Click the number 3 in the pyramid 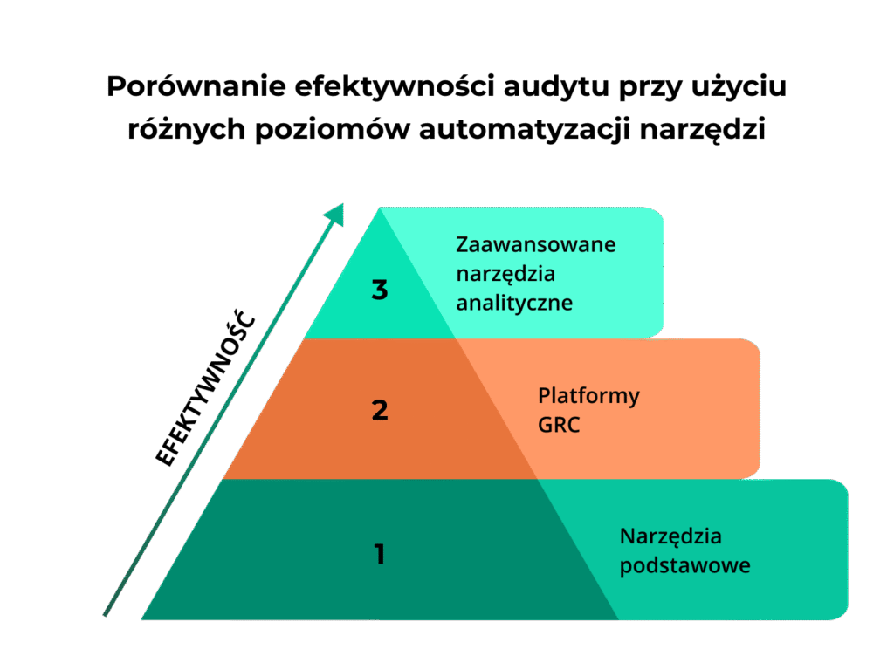[379, 290]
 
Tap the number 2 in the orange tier [380, 410]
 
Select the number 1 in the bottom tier [379, 554]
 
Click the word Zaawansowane [536, 244]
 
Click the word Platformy [588, 396]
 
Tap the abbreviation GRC [559, 427]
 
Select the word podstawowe [684, 565]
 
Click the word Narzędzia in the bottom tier [670, 536]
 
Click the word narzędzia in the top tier [505, 274]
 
